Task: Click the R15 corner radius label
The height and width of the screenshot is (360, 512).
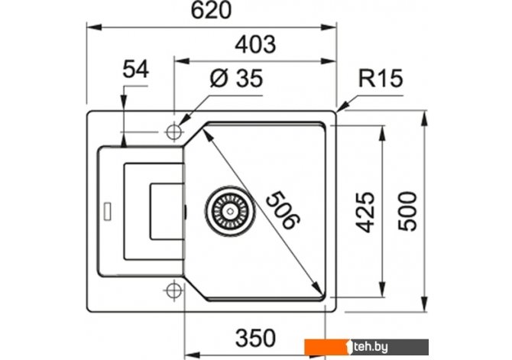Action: pyautogui.click(x=380, y=79)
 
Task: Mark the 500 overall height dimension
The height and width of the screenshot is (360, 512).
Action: pyautogui.click(x=410, y=210)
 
